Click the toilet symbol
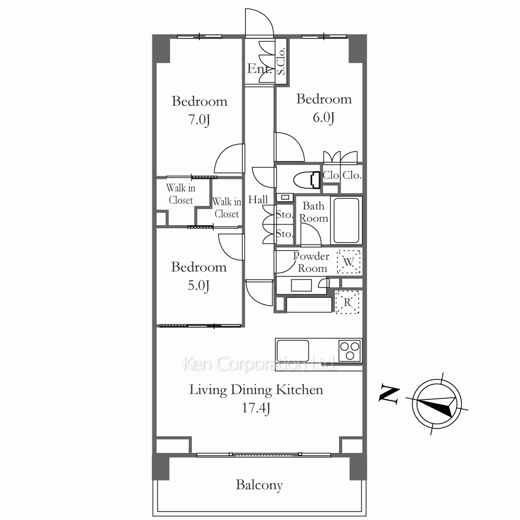[x=307, y=180]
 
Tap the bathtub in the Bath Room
[x=346, y=220]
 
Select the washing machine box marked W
[x=348, y=262]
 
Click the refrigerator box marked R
[x=347, y=302]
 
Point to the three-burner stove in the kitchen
[x=350, y=350]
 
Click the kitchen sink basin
[x=293, y=350]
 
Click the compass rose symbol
[x=437, y=404]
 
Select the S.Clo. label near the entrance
[x=281, y=61]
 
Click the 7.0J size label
[x=199, y=120]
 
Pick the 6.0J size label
[x=323, y=118]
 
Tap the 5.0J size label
[x=198, y=285]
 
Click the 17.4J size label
[x=256, y=408]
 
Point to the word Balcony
[x=259, y=485]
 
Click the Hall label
[x=258, y=200]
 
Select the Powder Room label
[x=311, y=262]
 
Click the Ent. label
[x=259, y=69]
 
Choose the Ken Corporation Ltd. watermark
[x=259, y=364]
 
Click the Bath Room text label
[x=314, y=212]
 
